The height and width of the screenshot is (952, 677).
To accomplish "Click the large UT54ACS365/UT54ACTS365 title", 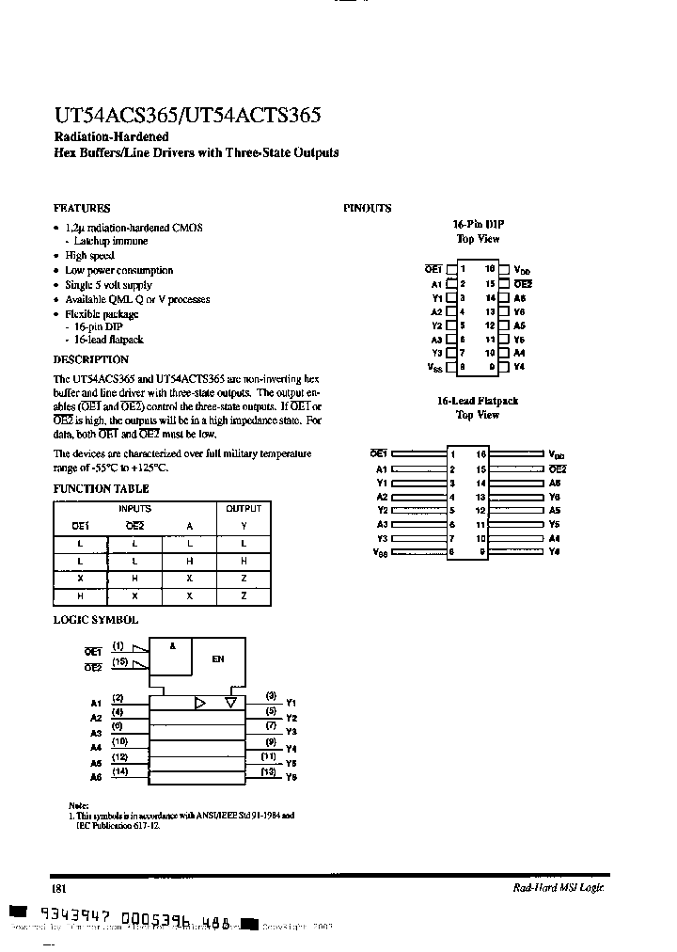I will (187, 116).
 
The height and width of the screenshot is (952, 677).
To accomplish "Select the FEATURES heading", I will (82, 208).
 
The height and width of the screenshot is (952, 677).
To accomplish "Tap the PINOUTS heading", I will (367, 208).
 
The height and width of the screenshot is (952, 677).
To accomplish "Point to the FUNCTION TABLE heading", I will (101, 489).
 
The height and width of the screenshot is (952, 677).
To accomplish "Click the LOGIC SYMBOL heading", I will (95, 620).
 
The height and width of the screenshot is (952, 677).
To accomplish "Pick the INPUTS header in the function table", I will (134, 508).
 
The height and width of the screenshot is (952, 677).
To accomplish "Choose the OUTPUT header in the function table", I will (244, 508).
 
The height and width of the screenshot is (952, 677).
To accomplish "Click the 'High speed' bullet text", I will (89, 256).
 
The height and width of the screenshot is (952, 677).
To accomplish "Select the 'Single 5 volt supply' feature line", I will (108, 285).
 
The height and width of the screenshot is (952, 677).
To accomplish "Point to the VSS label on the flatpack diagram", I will (381, 553).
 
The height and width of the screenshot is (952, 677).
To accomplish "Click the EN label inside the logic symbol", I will (217, 659).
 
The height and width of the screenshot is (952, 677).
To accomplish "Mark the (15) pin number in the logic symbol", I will (119, 662).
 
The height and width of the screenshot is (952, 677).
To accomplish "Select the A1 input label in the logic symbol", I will (96, 703).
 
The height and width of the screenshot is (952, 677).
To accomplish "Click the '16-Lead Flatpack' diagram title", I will (477, 401).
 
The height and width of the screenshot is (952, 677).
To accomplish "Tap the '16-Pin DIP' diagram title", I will (479, 224).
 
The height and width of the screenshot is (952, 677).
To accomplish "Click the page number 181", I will (58, 888).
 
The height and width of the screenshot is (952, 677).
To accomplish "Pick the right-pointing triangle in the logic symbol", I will (199, 703).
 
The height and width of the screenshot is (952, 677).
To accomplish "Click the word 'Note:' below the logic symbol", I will (79, 806).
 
